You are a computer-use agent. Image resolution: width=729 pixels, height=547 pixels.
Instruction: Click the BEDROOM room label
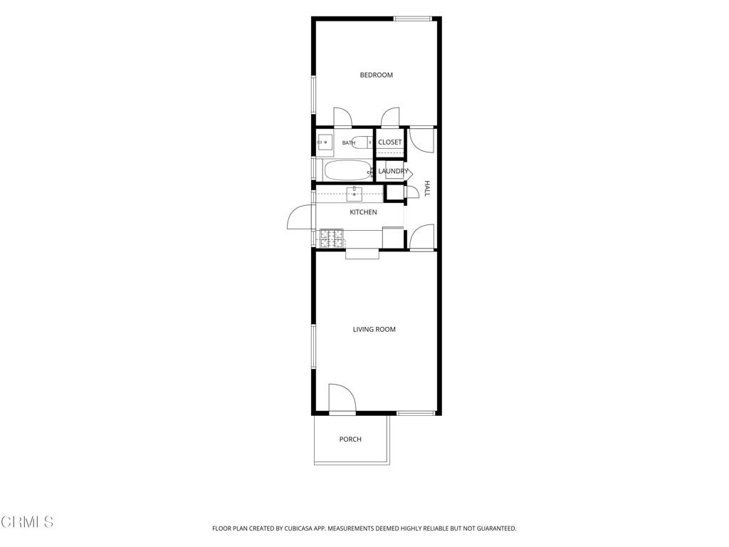pyautogui.click(x=376, y=75)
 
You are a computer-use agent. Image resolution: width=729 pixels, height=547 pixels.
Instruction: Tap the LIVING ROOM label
pyautogui.click(x=374, y=329)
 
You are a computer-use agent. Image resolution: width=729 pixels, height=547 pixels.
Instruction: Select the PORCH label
pyautogui.click(x=350, y=439)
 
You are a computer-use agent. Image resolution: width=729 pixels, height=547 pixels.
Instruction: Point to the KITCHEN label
pyautogui.click(x=363, y=212)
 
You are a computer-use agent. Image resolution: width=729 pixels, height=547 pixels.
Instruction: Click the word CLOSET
pyautogui.click(x=389, y=142)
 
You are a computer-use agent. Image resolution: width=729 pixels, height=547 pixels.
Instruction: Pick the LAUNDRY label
pyautogui.click(x=393, y=171)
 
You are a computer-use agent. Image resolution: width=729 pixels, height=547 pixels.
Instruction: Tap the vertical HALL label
pyautogui.click(x=427, y=188)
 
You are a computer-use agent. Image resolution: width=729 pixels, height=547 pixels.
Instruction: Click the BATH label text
pyautogui.click(x=349, y=142)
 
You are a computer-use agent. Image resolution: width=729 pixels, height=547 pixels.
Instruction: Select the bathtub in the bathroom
pyautogui.click(x=348, y=171)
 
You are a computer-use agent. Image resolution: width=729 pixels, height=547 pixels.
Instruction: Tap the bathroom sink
pyautogui.click(x=325, y=142)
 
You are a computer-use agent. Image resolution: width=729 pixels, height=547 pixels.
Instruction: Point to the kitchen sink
pyautogui.click(x=355, y=194)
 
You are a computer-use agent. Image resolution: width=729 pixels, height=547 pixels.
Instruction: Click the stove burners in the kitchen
pyautogui.click(x=332, y=238)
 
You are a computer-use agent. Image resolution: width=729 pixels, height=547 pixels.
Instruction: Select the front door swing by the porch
pyautogui.click(x=342, y=397)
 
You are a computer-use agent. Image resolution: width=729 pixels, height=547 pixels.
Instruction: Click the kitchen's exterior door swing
pyautogui.click(x=300, y=217)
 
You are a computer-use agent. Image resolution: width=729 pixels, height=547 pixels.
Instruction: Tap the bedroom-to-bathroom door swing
pyautogui.click(x=342, y=118)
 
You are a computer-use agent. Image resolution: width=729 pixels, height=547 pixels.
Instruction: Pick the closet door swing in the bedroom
pyautogui.click(x=391, y=118)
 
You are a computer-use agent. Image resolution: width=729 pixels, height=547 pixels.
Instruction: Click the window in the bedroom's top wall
pyautogui.click(x=413, y=19)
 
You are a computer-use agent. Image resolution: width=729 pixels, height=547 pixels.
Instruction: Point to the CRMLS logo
pyautogui.click(x=27, y=522)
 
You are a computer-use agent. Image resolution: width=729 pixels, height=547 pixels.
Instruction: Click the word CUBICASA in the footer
pyautogui.click(x=300, y=528)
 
